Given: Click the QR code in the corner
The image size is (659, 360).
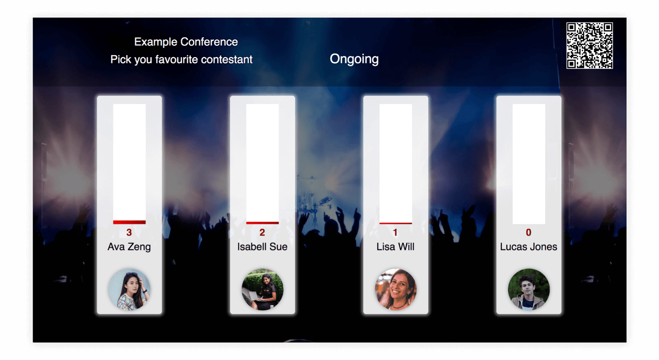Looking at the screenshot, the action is click(590, 46).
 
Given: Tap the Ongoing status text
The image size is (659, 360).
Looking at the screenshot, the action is click(354, 59).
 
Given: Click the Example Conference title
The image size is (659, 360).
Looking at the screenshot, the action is click(186, 42).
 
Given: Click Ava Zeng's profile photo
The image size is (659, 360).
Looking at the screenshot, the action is click(130, 289).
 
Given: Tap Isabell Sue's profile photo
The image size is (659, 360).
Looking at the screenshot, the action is click(262, 289).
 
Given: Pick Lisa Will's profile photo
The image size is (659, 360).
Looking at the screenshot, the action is click(396, 289).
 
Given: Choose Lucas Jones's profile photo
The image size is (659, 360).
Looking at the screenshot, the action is click(529, 289).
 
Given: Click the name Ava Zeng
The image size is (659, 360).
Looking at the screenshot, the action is click(129, 247).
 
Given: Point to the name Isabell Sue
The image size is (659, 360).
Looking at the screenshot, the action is click(262, 247).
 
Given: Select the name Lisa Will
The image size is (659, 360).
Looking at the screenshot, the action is click(395, 247).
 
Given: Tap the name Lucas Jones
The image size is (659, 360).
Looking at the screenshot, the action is click(529, 247).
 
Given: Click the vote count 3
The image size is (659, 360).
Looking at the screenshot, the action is click(129, 232).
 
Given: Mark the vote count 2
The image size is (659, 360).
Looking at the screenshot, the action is click(262, 232).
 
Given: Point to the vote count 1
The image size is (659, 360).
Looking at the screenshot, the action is click(395, 232).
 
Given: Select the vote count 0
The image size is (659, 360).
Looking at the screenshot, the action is click(529, 232).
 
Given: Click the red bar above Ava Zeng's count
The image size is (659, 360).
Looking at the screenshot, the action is click(130, 222).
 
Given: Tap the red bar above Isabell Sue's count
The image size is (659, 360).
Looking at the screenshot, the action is click(262, 223).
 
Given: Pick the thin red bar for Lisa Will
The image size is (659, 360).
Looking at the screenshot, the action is click(396, 223).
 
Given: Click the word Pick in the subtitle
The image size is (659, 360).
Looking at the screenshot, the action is click(121, 59).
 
